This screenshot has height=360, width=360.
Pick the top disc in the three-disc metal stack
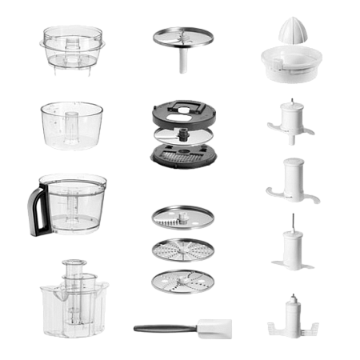pyautogui.click(x=182, y=217)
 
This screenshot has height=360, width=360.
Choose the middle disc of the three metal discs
pyautogui.click(x=182, y=250)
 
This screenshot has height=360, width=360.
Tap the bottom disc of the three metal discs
pyautogui.click(x=182, y=282)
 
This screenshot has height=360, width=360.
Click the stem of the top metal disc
pyautogui.click(x=183, y=61)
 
